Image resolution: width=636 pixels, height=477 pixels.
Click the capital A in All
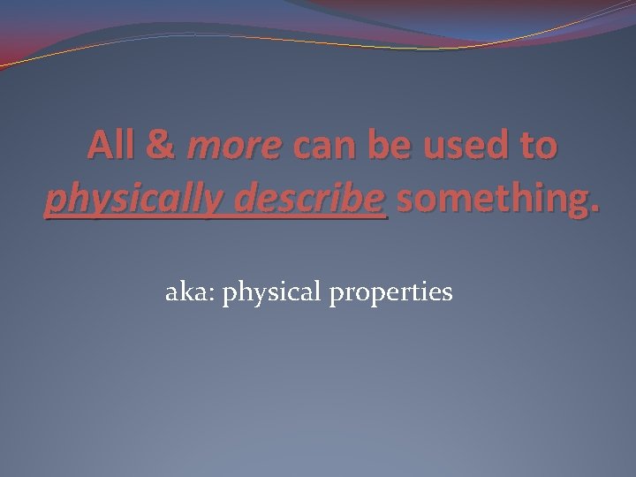tap(99, 146)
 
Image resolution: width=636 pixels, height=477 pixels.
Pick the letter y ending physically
tap(200, 205)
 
